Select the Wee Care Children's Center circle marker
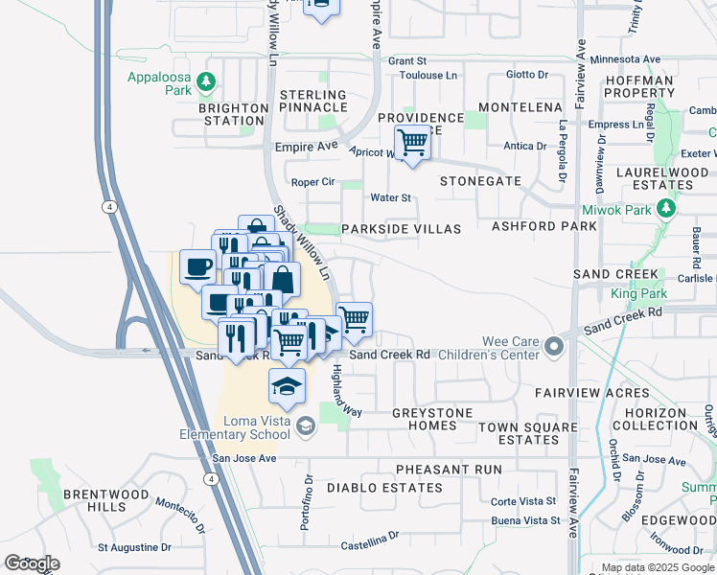click(553, 345)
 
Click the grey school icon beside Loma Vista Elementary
click(306, 426)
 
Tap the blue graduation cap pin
click(287, 385)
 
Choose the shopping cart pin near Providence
click(412, 144)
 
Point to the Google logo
click(32, 563)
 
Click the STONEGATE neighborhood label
click(480, 181)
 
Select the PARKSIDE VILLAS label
click(402, 230)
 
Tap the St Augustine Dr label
click(134, 548)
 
